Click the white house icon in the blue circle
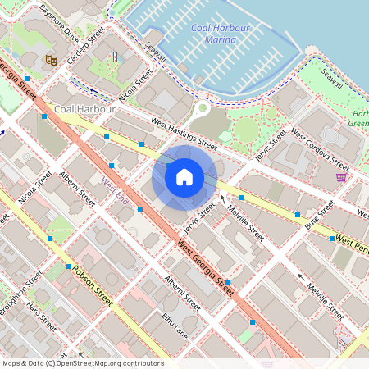coord(184,177)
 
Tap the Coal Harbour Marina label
coord(219,34)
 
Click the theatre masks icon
coord(51,60)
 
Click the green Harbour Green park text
coord(358,118)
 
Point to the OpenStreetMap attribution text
coord(83,362)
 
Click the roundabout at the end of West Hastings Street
coord(203,107)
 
